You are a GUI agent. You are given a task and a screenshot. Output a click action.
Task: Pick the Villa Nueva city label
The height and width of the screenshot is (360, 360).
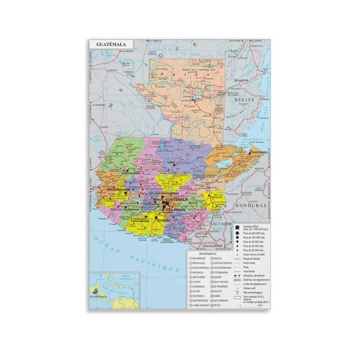pos(169,211)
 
